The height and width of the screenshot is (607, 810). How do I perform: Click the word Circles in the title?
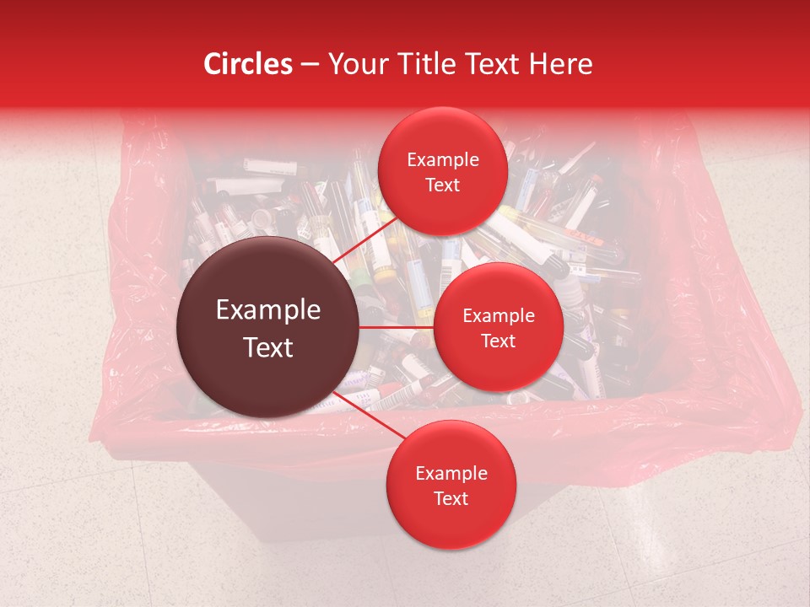tap(247, 64)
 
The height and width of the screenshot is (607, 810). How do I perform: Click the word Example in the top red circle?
tap(443, 160)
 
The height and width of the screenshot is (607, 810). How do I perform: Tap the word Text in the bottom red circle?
tap(451, 498)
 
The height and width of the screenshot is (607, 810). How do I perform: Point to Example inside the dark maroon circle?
tap(268, 310)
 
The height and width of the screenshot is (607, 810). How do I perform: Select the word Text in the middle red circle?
tap(498, 341)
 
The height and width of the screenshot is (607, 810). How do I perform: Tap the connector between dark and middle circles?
tap(397, 327)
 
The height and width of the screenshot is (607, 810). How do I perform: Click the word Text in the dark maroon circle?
tap(268, 347)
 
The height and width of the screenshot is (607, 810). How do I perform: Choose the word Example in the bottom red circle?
tap(451, 473)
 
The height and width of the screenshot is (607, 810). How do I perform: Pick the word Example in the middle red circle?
tap(498, 316)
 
